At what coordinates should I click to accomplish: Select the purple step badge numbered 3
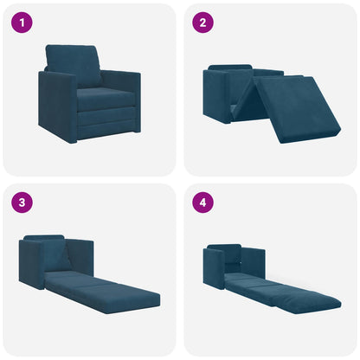22,202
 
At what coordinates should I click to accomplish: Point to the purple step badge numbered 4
202,202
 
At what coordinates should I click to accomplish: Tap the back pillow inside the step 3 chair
56,254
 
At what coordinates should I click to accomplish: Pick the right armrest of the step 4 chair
255,260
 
